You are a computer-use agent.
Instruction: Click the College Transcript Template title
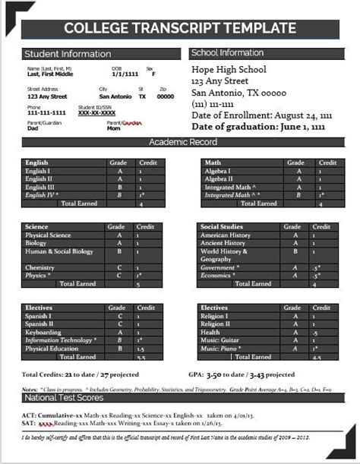[180, 29]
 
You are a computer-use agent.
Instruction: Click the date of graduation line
[258, 126]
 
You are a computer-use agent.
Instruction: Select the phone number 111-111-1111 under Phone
[46, 112]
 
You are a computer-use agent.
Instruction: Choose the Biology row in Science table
[37, 244]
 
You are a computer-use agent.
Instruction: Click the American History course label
[226, 235]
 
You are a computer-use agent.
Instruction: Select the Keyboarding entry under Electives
[43, 332]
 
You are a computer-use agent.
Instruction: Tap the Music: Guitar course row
[221, 340]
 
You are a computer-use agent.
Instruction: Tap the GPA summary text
[241, 374]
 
